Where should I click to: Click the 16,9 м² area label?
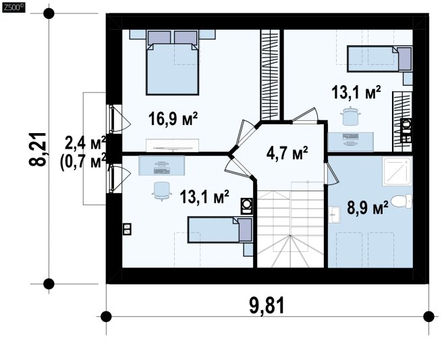173,118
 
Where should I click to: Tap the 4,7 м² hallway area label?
287,153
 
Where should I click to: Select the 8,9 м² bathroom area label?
368,207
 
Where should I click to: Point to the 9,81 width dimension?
267,306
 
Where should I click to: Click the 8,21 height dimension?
38,149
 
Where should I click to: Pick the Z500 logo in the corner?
13,7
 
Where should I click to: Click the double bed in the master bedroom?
172,63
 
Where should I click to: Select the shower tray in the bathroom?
397,172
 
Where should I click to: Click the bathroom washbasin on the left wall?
335,215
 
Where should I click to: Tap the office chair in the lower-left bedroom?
162,190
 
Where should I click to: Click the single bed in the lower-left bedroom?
220,230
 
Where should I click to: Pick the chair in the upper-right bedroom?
350,115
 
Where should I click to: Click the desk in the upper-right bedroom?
351,142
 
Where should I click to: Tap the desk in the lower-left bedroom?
161,165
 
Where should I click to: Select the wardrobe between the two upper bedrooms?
270,75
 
